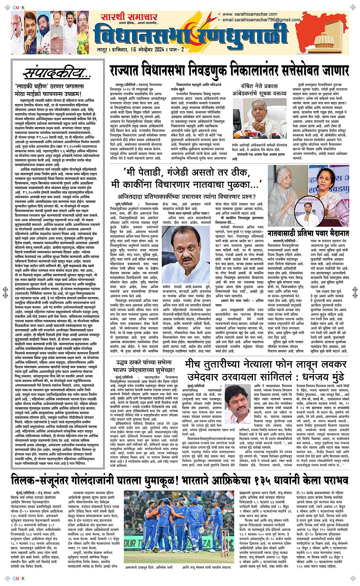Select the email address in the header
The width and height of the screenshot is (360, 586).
pos(261,20)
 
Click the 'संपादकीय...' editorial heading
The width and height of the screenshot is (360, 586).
pos(57,74)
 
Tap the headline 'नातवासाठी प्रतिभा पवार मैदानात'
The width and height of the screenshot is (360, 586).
pos(308,234)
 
